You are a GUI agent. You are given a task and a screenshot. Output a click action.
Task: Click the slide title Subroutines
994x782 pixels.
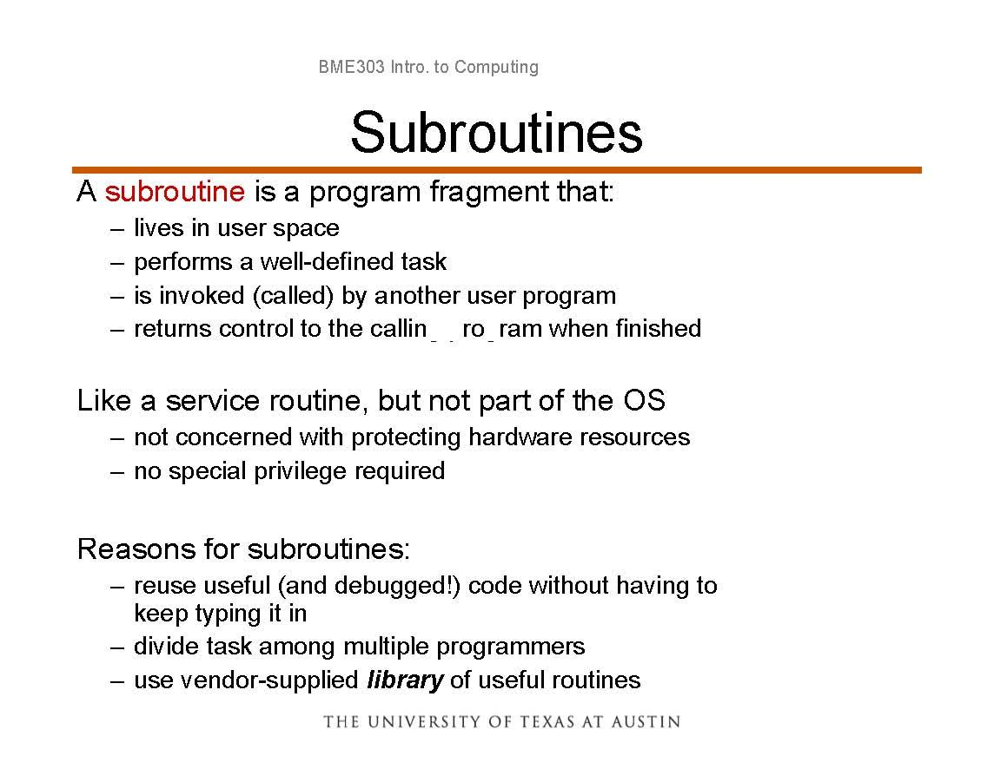[496, 132]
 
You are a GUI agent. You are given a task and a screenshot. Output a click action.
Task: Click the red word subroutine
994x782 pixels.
[175, 191]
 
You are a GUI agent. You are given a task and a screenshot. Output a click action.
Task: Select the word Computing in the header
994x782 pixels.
[496, 67]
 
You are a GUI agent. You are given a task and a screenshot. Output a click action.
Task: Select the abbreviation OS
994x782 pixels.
[644, 400]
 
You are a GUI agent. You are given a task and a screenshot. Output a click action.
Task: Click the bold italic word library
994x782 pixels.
[405, 680]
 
